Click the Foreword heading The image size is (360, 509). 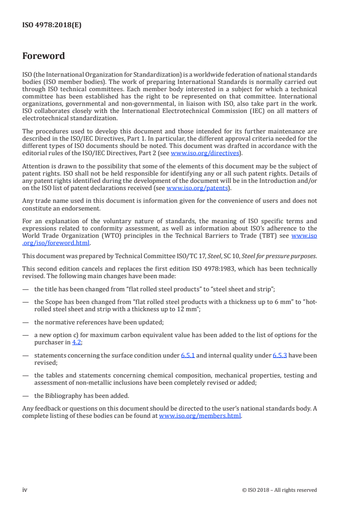coord(44,56)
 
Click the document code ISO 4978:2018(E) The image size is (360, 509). coord(52,25)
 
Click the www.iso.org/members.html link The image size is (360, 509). coord(200,416)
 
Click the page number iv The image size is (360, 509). coord(25,489)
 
